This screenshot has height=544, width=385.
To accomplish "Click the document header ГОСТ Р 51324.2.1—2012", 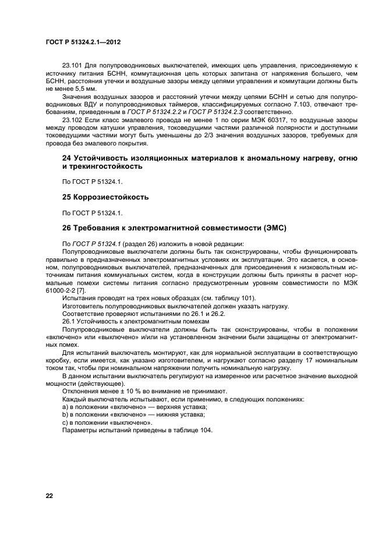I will tap(82, 43).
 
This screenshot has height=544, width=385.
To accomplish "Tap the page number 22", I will tap(50, 496).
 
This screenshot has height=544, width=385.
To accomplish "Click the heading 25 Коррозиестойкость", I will tap(105, 197).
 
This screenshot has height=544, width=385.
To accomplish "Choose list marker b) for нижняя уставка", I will tap(65, 414).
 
